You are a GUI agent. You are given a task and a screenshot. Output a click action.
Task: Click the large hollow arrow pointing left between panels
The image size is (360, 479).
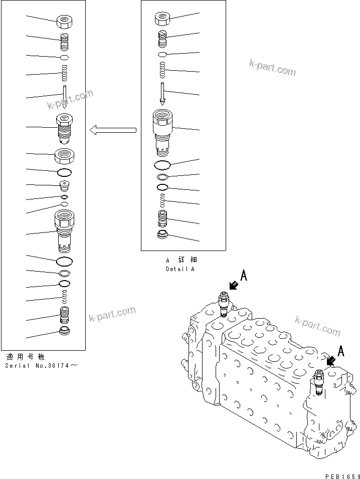(x=113, y=131)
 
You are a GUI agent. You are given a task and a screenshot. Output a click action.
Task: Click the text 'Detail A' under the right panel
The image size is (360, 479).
(x=180, y=269)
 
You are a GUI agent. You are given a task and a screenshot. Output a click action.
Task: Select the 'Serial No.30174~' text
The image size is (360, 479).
(x=42, y=366)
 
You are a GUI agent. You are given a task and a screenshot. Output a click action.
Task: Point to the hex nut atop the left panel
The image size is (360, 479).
(x=65, y=22)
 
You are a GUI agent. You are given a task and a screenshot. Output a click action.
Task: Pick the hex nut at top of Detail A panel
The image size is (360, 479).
(x=162, y=19)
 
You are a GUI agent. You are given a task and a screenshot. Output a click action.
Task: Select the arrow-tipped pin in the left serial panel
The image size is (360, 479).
(x=65, y=97)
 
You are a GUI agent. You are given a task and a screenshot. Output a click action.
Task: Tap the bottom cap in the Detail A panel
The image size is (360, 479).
(x=162, y=235)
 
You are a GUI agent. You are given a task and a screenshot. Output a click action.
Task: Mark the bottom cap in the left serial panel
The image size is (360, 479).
(x=65, y=331)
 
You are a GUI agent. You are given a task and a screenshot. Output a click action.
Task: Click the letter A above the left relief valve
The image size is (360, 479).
(x=244, y=275)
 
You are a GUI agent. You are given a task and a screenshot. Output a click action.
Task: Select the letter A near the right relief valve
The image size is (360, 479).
(x=341, y=351)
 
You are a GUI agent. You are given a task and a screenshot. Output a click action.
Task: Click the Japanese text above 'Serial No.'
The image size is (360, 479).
(x=25, y=357)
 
